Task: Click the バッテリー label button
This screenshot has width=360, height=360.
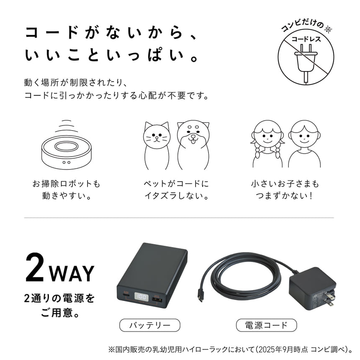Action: [x=149, y=325]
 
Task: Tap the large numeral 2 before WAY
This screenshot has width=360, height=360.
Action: [x=35, y=268]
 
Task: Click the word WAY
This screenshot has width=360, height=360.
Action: [x=72, y=273]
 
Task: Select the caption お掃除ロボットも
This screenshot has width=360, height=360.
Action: [x=67, y=184]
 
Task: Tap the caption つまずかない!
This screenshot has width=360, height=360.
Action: [x=285, y=196]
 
